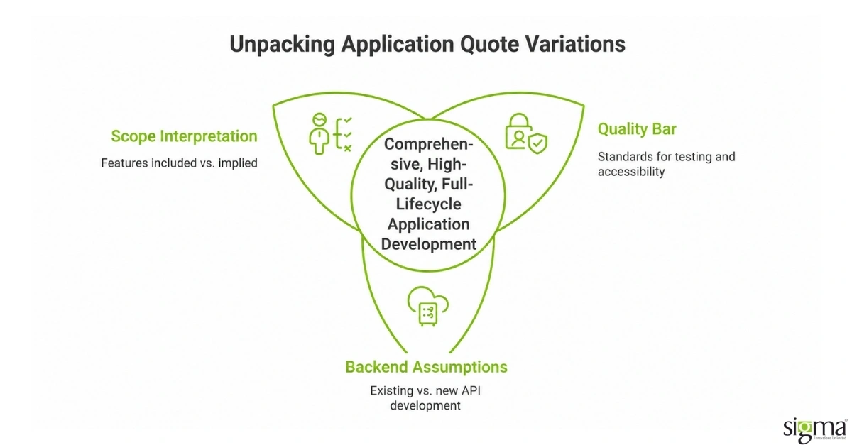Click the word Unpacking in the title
pos(283,45)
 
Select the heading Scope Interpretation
pos(184,136)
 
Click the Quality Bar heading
pos(637,129)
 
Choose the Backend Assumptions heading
pos(427,367)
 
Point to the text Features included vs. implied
pos(179,163)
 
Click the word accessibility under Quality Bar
pos(631,172)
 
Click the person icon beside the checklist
pos(319,133)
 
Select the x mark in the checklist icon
pos(347,148)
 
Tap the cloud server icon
pos(428,306)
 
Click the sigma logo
pos(815,430)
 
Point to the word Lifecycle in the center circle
pos(429,204)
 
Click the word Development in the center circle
pos(429,244)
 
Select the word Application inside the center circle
pos(429,224)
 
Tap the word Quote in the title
pos(489,44)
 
